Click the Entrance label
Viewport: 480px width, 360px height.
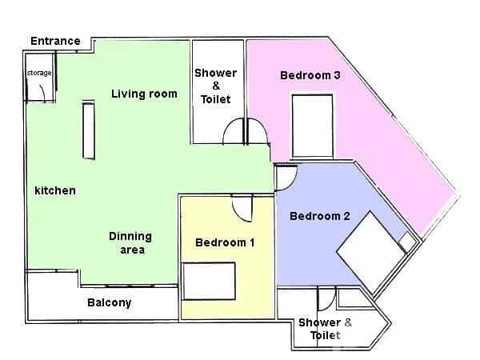click(x=55, y=41)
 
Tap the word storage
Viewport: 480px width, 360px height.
click(x=39, y=74)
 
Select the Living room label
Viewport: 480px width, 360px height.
click(x=144, y=94)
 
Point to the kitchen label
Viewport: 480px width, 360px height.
click(x=55, y=190)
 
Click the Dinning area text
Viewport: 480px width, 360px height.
click(x=130, y=243)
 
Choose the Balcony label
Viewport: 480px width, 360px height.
click(x=109, y=303)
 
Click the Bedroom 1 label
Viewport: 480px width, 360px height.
click(x=226, y=242)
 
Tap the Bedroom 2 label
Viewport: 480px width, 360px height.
click(x=320, y=216)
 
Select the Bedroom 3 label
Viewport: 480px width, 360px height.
click(x=311, y=75)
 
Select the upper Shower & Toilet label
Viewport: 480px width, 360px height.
click(x=216, y=86)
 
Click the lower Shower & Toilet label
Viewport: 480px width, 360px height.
click(x=325, y=329)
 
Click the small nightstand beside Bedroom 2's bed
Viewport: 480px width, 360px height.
click(x=407, y=241)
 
